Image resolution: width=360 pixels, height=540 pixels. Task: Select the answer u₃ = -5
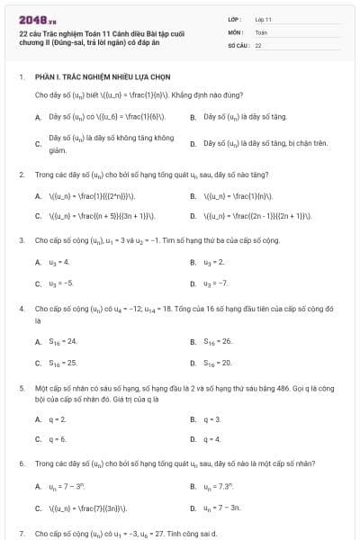tap(60, 283)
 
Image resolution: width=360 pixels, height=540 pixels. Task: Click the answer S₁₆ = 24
tap(63, 341)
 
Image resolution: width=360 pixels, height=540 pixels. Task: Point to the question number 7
tap(21, 533)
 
